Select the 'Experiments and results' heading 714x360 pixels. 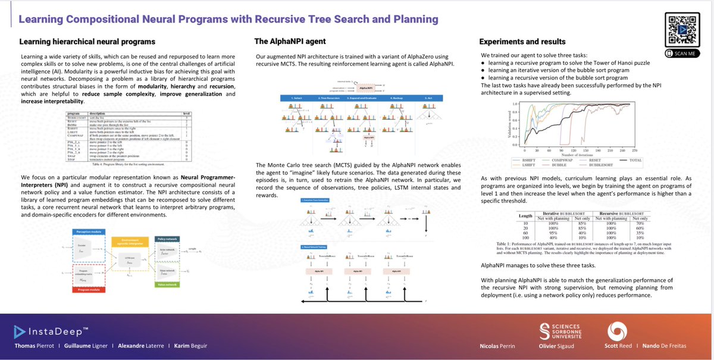[523, 42]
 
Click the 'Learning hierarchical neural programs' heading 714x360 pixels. [87, 42]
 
